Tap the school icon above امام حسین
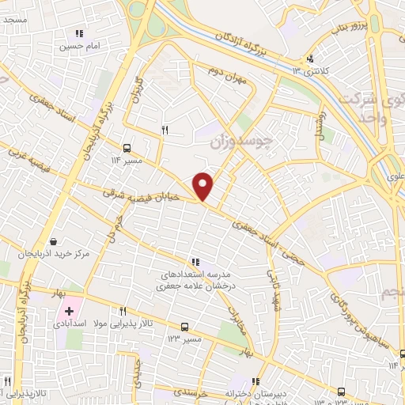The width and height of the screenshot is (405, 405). point(78,33)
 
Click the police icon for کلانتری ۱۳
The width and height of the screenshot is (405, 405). point(311,58)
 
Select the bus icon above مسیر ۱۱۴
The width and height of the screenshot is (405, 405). point(127,147)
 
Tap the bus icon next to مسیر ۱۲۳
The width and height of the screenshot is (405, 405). point(184,326)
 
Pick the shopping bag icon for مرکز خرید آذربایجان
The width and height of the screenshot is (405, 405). point(52,241)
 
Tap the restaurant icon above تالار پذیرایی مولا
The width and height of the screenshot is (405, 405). point(123,311)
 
